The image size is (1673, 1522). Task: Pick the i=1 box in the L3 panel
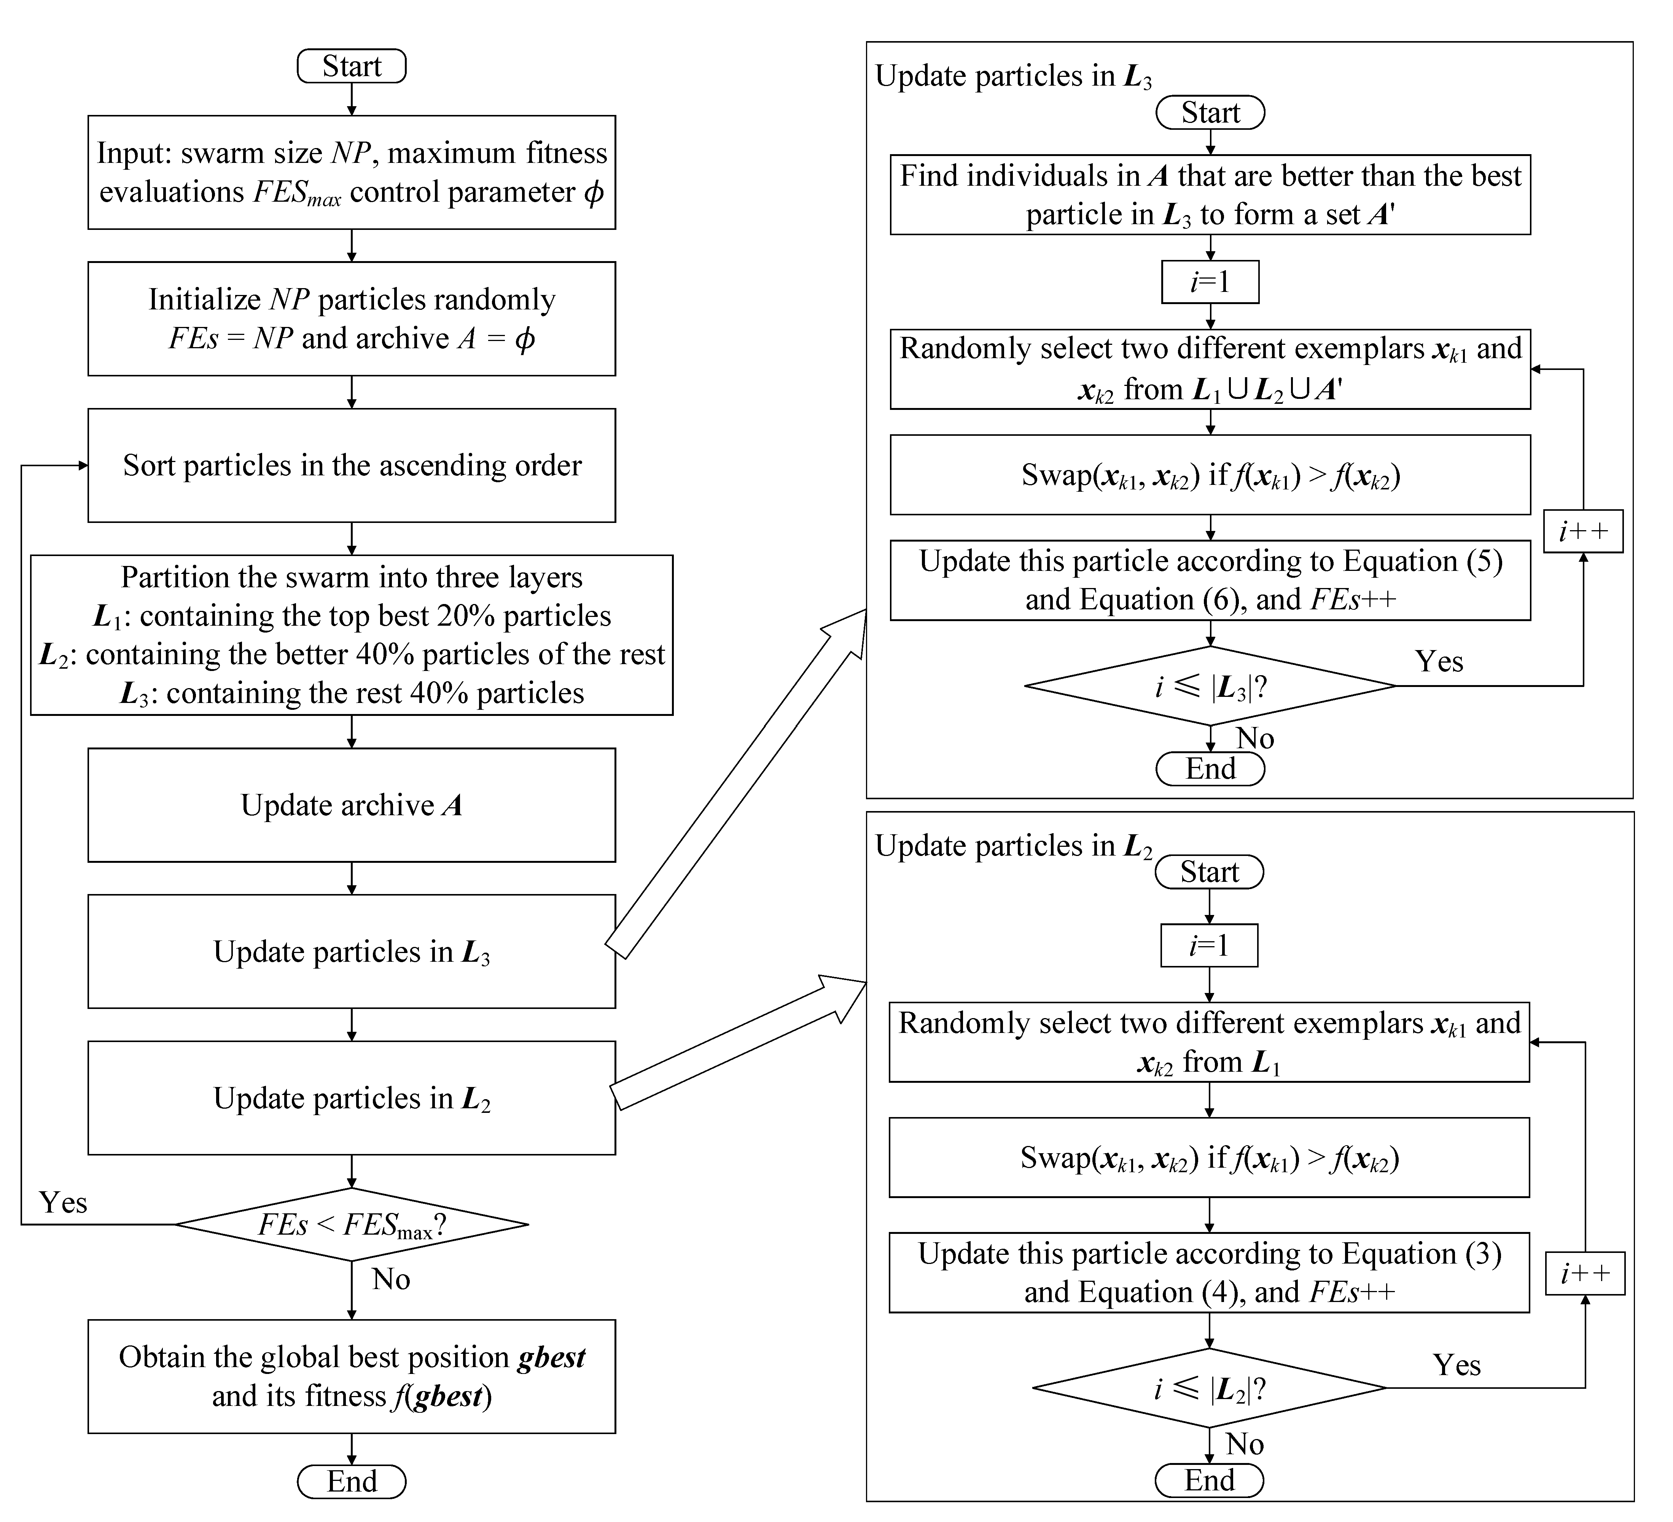pyautogui.click(x=1210, y=282)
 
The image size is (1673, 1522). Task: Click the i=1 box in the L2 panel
pyautogui.click(x=1209, y=945)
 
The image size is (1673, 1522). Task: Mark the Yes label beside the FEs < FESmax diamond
pyautogui.click(x=63, y=1203)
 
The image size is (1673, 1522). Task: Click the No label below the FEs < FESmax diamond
pyautogui.click(x=391, y=1279)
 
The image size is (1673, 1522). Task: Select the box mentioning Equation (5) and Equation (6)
pyautogui.click(x=1210, y=580)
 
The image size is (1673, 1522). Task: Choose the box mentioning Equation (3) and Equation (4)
pyautogui.click(x=1209, y=1272)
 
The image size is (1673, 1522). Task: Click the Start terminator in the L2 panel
pyautogui.click(x=1209, y=872)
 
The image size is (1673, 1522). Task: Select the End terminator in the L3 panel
pyautogui.click(x=1210, y=768)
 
